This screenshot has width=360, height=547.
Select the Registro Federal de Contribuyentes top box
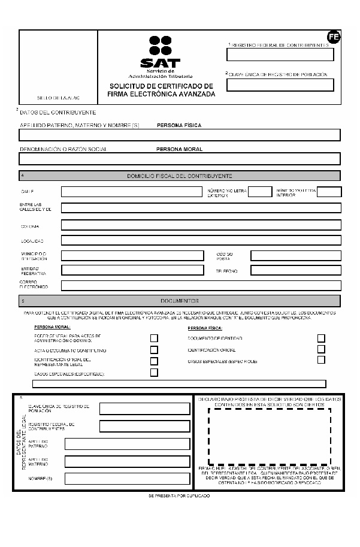click(x=280, y=55)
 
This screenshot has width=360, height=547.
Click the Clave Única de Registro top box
click(x=280, y=85)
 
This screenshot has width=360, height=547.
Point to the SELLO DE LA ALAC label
click(x=58, y=97)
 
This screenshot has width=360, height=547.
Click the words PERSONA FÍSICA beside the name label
click(x=179, y=125)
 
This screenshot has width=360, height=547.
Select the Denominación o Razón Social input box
click(x=180, y=159)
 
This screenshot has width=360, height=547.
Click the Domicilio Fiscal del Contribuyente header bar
click(x=180, y=176)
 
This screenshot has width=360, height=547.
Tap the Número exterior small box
click(x=259, y=192)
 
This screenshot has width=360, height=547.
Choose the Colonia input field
click(x=201, y=225)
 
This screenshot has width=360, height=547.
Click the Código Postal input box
click(x=295, y=256)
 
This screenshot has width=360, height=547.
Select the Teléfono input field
click(x=295, y=271)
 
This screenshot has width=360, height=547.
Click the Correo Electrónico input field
click(x=201, y=286)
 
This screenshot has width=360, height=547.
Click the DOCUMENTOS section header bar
click(x=180, y=301)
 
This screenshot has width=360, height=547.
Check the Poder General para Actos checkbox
click(x=154, y=339)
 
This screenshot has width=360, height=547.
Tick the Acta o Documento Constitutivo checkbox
click(x=154, y=350)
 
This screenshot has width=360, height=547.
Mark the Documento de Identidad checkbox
click(x=321, y=338)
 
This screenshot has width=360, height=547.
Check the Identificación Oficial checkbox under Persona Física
click(x=321, y=349)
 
